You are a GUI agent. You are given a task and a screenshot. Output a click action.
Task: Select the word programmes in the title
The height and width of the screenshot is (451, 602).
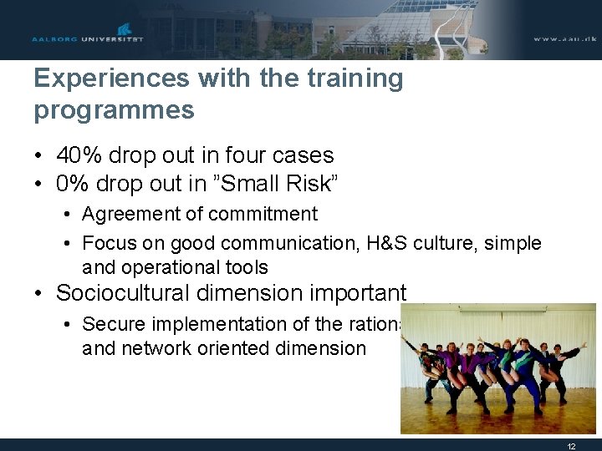[x=114, y=109]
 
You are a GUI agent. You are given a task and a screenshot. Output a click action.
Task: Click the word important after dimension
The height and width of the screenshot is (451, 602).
[x=358, y=294]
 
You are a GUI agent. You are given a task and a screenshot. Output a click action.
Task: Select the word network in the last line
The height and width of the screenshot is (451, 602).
[x=156, y=348]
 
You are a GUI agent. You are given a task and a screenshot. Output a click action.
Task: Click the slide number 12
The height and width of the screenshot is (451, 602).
[x=571, y=446]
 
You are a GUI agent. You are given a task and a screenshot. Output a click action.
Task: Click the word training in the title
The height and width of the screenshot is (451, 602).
[x=355, y=79]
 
